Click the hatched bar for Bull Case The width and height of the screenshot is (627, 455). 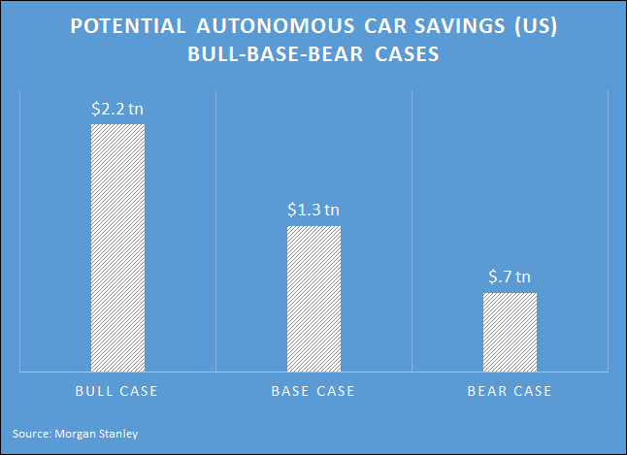117,247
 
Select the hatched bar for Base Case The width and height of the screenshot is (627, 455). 313,298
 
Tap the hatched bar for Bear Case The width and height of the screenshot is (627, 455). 510,331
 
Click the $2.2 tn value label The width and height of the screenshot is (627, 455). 117,109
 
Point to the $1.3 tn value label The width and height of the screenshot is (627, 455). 313,210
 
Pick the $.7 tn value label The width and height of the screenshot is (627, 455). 510,276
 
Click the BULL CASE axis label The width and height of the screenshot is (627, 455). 117,392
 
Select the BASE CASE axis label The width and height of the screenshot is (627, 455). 313,392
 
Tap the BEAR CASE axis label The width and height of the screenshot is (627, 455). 510,392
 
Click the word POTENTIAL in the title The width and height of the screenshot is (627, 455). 126,28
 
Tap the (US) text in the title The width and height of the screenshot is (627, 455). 529,28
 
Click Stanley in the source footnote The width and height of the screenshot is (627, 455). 121,434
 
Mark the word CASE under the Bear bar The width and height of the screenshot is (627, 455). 531,392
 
